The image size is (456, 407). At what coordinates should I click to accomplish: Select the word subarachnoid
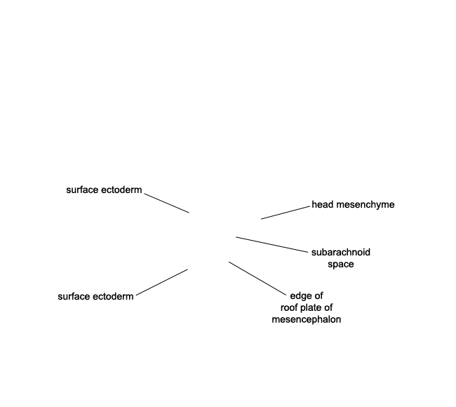point(341,252)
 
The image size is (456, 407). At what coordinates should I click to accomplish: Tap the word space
point(341,265)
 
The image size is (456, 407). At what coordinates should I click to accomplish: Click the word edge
point(301,296)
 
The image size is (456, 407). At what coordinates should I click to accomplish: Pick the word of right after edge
point(319,296)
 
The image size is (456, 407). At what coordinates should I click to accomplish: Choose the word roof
point(288,307)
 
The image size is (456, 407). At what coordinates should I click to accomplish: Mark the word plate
point(309,308)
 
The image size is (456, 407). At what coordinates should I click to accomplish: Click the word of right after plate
point(328,307)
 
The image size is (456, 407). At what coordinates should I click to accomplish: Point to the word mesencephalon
point(307,319)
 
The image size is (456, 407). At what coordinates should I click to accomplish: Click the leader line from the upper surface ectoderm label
point(167,203)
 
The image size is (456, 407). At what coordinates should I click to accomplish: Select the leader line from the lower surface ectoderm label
point(162,282)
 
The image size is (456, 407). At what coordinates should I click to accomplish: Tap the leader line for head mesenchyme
point(286,213)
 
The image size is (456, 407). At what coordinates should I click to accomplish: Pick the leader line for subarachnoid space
point(271,245)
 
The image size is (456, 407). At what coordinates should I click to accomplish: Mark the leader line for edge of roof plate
point(257,279)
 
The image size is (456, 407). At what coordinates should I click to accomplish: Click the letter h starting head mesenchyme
point(314,204)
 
